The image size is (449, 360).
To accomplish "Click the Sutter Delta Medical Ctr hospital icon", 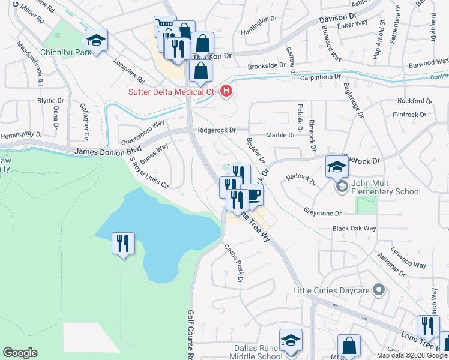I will (x=227, y=91).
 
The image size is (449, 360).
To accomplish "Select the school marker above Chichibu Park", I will (x=96, y=41).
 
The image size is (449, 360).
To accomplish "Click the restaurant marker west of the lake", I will (x=123, y=244).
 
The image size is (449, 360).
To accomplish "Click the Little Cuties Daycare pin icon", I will (x=378, y=291).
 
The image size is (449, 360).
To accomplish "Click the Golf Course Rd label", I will (x=190, y=333).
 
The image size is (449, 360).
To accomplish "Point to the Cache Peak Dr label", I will (x=234, y=263).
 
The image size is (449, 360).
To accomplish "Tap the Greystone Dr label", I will (x=322, y=213).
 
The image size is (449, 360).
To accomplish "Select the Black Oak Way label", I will (x=354, y=229).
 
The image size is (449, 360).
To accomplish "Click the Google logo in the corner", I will (x=20, y=353).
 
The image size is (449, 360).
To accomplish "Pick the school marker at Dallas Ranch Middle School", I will (x=291, y=341).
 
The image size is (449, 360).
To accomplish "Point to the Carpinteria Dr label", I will (x=321, y=77).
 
